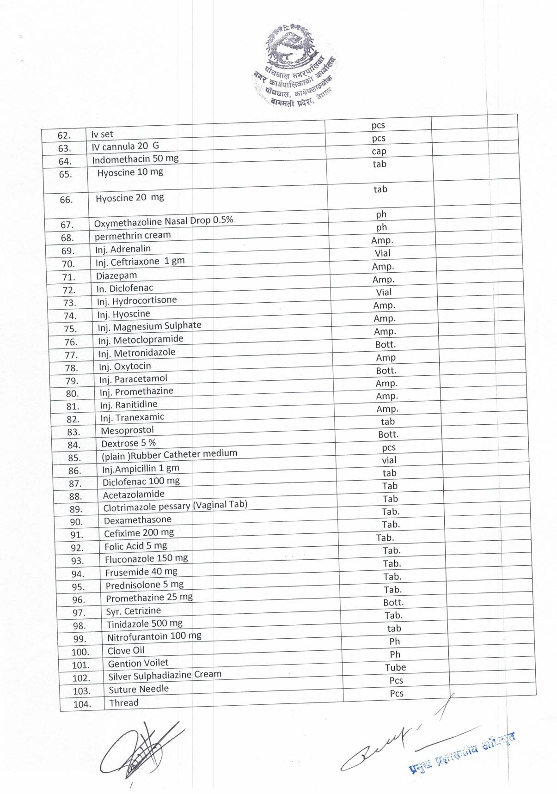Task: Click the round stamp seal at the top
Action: pos(296,67)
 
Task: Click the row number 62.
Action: pos(64,135)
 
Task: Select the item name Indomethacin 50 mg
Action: pos(135,159)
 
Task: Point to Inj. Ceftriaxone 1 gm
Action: pos(140,262)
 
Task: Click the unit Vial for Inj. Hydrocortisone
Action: pos(384,292)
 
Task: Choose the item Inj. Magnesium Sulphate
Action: pos(149,327)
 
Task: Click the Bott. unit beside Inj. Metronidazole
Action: pos(386,344)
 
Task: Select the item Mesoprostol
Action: pos(127,430)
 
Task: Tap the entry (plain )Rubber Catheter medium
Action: pos(169,455)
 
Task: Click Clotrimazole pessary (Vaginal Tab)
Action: pos(175,506)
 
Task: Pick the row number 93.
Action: pos(77,561)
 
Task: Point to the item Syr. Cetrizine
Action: pos(133,611)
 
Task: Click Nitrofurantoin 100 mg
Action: pos(154,636)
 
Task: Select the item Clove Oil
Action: pos(126,650)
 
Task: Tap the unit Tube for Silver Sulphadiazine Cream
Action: pos(395,667)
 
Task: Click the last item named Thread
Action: pos(123,702)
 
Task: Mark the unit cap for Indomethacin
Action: pos(379,151)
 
